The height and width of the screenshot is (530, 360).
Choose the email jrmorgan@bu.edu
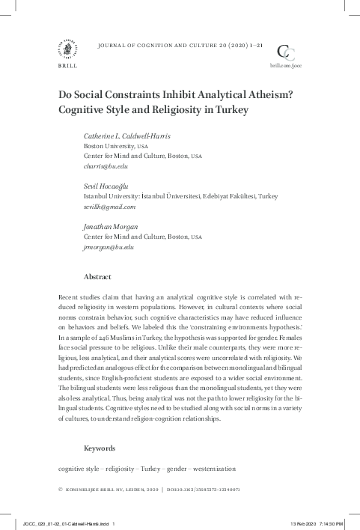109,246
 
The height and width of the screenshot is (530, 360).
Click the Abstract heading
97,276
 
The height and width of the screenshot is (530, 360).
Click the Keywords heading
100,448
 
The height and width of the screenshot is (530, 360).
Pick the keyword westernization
215,469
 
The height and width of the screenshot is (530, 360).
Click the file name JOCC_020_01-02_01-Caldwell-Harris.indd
67,524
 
